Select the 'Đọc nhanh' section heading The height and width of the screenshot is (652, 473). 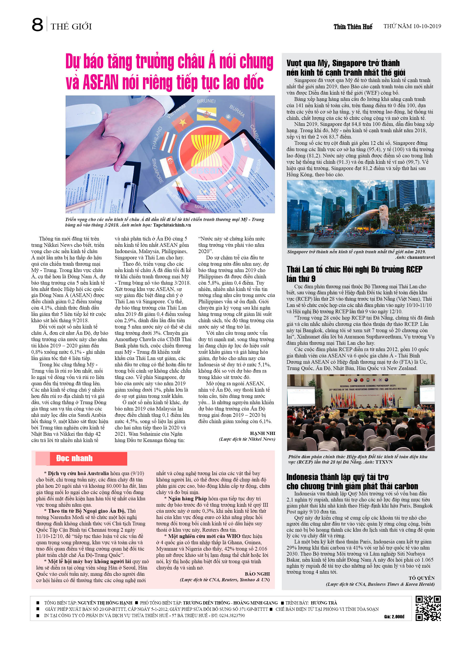74,458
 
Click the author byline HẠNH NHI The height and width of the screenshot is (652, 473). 262,434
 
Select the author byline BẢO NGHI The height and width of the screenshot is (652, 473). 257,574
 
